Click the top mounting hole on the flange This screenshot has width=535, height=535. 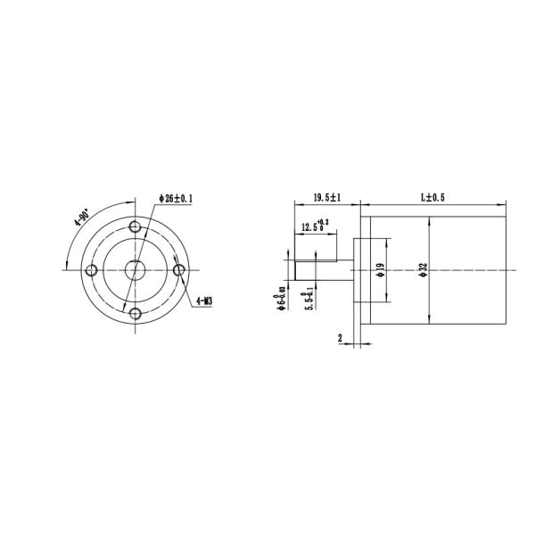pyautogui.click(x=135, y=226)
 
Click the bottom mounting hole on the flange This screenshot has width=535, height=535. pyautogui.click(x=135, y=312)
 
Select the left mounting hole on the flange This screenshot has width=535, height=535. pyautogui.click(x=91, y=269)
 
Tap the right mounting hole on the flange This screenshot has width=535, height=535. pyautogui.click(x=178, y=269)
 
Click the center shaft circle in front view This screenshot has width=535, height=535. pyautogui.click(x=135, y=268)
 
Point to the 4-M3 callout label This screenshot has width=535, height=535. pyautogui.click(x=202, y=301)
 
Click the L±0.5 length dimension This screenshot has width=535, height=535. pyautogui.click(x=432, y=197)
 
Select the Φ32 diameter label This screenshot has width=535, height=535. pyautogui.click(x=424, y=270)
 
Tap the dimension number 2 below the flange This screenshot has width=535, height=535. pyautogui.click(x=341, y=338)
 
